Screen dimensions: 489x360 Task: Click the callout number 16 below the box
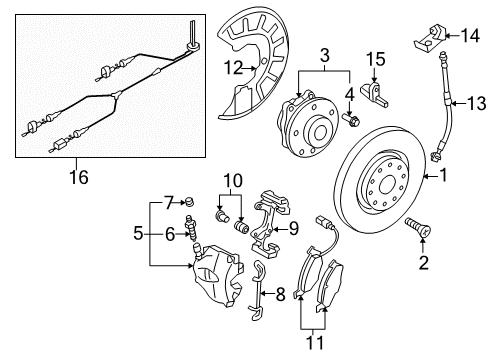point(79,177)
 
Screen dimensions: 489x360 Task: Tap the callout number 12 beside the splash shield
point(233,68)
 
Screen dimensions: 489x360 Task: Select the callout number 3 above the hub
point(325,55)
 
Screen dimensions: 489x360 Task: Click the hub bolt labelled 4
point(351,120)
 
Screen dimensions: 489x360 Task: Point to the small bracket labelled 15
point(374,94)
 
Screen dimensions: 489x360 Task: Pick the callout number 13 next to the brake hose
point(476,103)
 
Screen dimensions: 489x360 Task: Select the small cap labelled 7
point(190,201)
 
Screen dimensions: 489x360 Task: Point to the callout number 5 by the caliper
point(138,233)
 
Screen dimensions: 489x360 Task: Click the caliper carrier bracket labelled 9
point(268,226)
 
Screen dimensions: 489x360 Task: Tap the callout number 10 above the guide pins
point(233,181)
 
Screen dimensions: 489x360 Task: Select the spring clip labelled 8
point(257,290)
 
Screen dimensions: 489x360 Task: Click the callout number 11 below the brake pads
point(314,342)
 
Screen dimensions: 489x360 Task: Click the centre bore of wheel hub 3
point(320,132)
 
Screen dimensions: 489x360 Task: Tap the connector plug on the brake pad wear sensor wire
point(320,220)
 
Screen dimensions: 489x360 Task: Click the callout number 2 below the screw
point(423,263)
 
